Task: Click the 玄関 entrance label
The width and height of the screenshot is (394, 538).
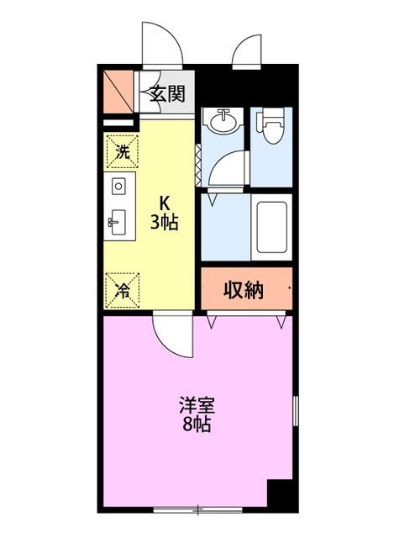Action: pyautogui.click(x=167, y=94)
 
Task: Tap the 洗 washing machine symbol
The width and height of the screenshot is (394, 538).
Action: pyautogui.click(x=123, y=152)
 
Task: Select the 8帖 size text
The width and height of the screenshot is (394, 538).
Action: pyautogui.click(x=197, y=425)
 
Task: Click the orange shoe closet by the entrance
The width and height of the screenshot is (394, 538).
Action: pyautogui.click(x=118, y=89)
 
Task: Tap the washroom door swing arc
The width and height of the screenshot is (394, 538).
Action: pyautogui.click(x=225, y=169)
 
